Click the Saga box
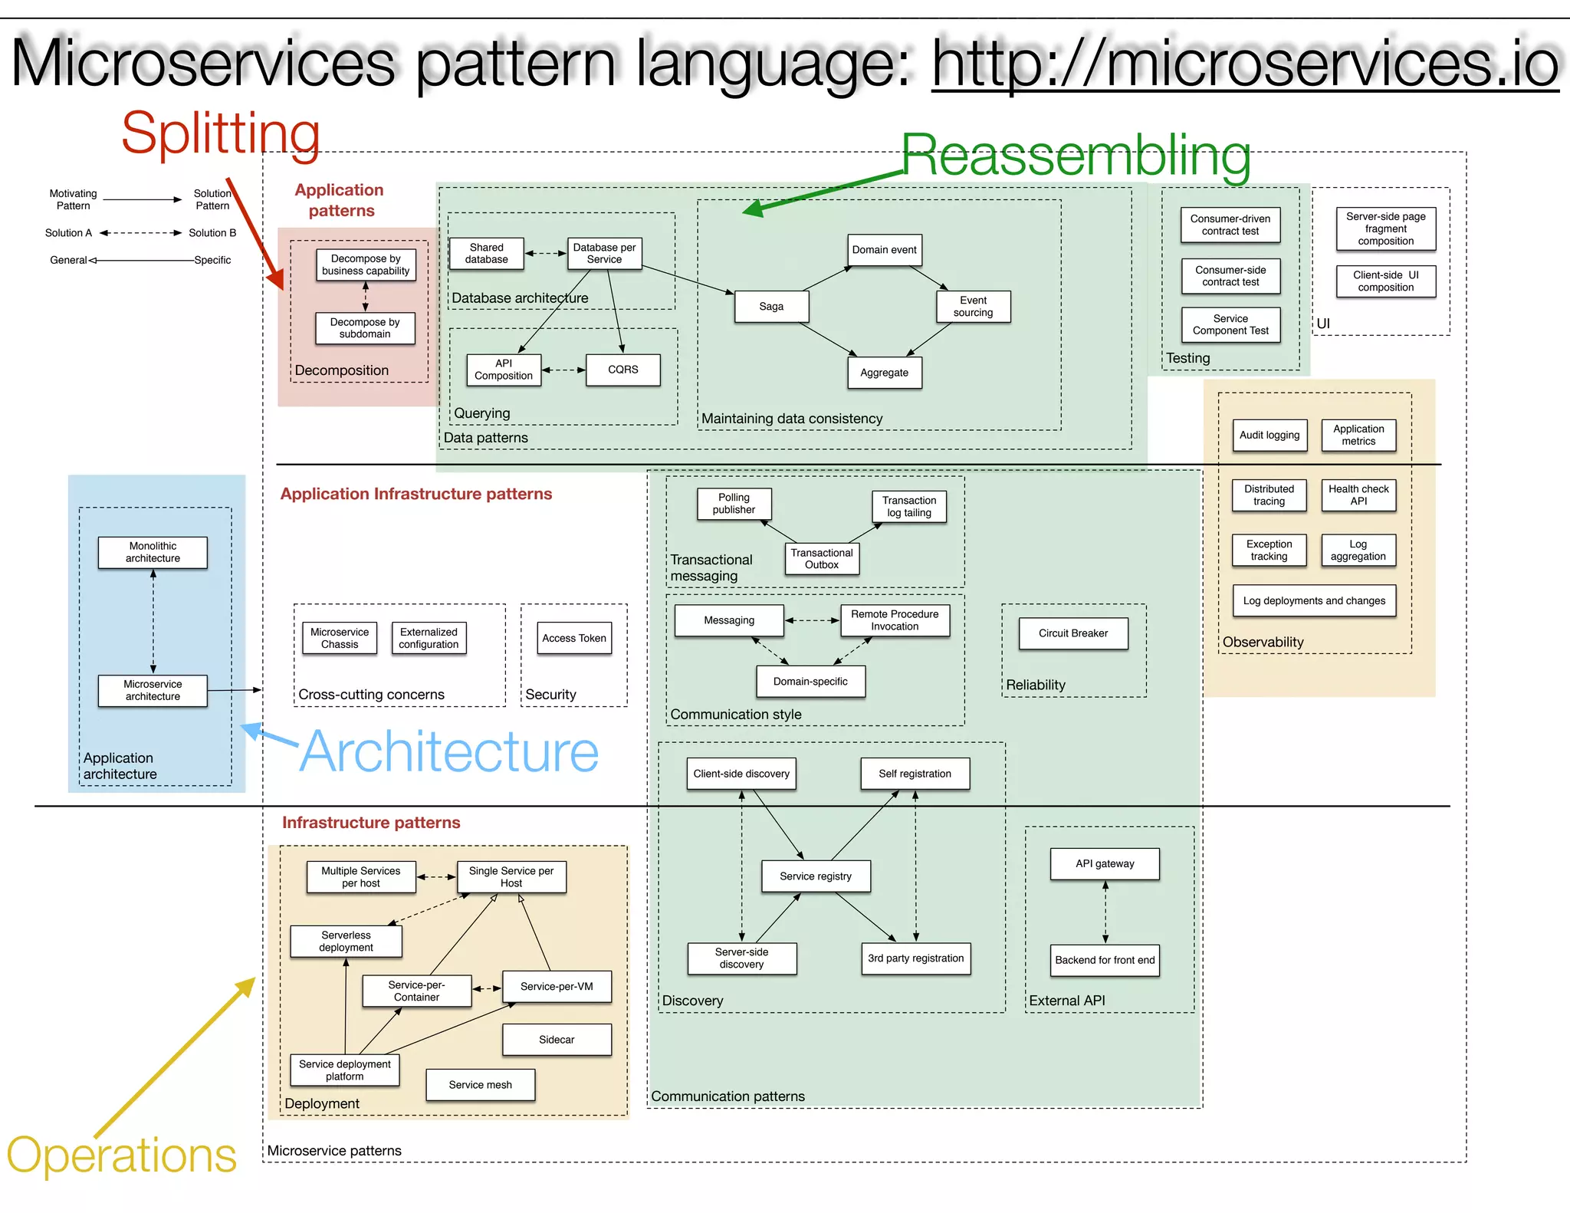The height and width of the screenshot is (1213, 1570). click(x=771, y=307)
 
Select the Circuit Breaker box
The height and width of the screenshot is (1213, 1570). click(x=1072, y=633)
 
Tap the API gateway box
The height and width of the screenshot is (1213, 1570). click(x=1104, y=864)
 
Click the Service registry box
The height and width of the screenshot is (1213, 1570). click(x=815, y=876)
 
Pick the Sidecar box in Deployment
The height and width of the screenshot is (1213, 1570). click(x=557, y=1040)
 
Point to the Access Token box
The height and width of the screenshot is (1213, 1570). click(x=573, y=638)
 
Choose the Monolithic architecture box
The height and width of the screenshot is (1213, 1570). click(x=153, y=552)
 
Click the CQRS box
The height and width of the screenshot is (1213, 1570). click(x=622, y=370)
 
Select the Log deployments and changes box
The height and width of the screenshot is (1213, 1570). click(x=1313, y=601)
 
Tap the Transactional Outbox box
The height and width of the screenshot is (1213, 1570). click(x=821, y=559)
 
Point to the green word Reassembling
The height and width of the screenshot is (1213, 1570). click(x=1076, y=156)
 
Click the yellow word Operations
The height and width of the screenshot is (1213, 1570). click(x=122, y=1155)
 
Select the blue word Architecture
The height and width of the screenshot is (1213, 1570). click(x=449, y=752)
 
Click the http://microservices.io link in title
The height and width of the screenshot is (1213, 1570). click(x=1244, y=64)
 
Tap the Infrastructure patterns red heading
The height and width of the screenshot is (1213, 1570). click(x=371, y=823)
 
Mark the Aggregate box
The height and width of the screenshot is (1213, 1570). click(x=884, y=373)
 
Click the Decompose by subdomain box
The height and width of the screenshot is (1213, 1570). click(x=365, y=328)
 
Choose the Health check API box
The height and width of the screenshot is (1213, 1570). click(x=1358, y=495)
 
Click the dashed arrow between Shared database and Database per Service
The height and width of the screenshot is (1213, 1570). click(x=545, y=253)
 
